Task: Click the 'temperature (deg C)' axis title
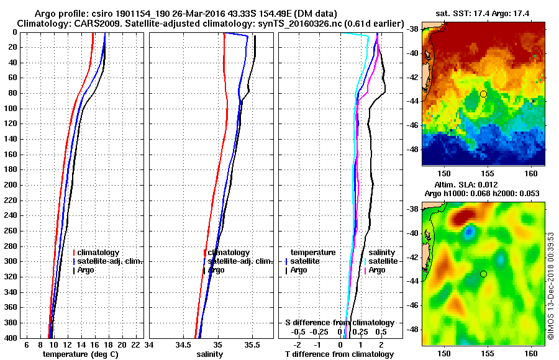coord(80,354)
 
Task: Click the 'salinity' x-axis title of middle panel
coord(208,354)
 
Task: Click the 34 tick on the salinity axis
coord(149,344)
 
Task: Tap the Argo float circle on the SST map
coord(483,94)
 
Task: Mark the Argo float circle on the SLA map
coord(483,274)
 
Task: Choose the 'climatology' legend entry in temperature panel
coord(99,253)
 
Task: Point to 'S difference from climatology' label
coord(339,323)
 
